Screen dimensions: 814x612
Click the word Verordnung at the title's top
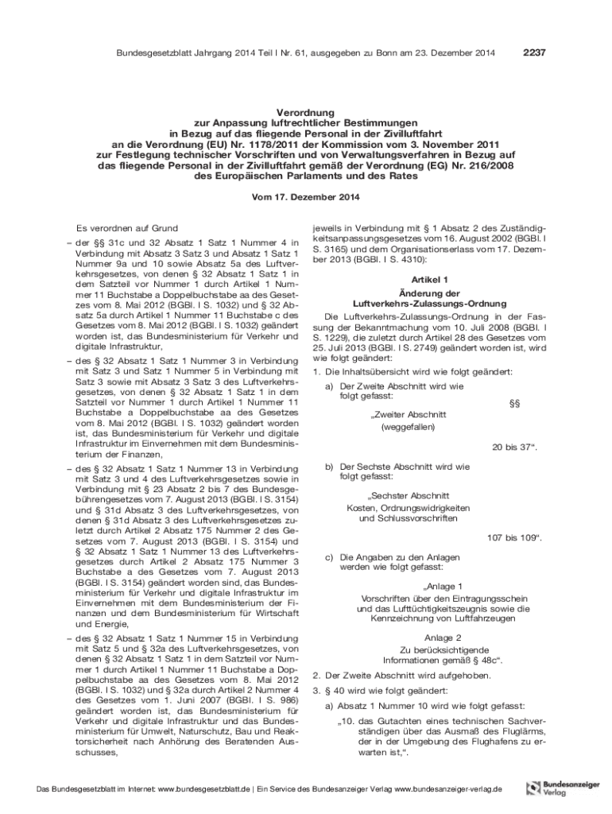click(306, 114)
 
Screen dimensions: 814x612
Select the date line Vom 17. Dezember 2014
click(306, 196)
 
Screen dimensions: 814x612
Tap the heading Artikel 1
click(429, 280)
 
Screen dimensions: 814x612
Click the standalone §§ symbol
click(513, 404)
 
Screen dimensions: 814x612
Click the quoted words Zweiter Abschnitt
click(408, 415)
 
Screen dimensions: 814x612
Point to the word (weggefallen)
click(408, 428)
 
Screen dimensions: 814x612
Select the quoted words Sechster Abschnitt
click(408, 495)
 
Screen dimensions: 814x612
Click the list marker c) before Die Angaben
click(328, 557)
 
